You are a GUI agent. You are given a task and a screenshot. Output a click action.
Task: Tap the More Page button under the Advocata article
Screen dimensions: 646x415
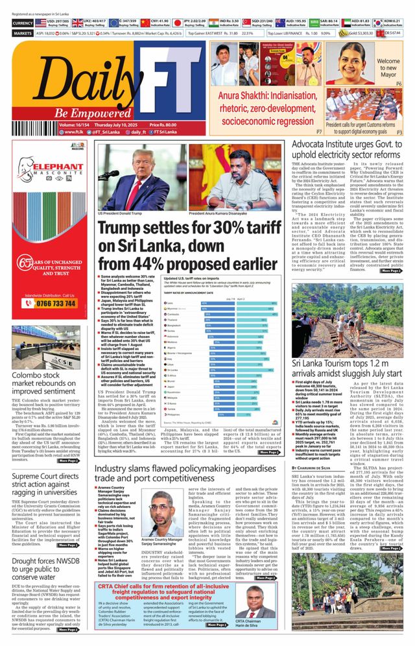(390, 270)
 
